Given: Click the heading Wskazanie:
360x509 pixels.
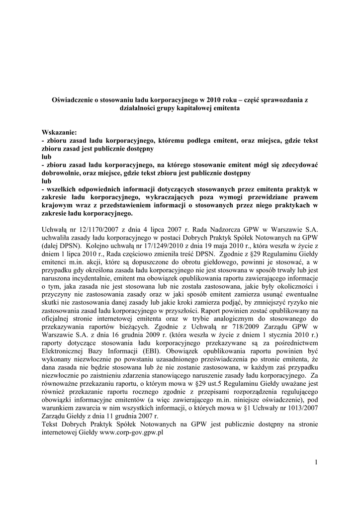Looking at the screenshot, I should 60,133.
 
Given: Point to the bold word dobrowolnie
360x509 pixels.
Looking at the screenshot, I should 62,172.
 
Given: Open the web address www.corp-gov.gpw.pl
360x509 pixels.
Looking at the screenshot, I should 132,432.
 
